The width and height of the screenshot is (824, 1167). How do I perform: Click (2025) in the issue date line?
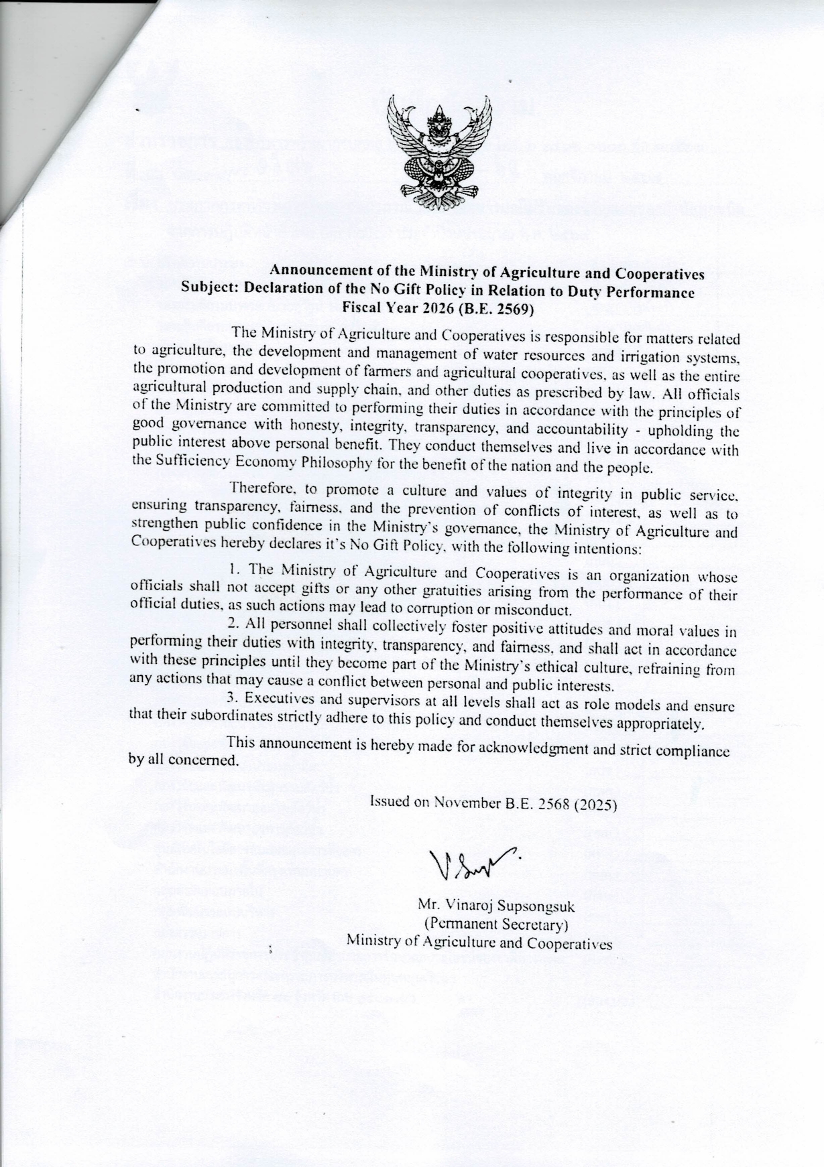pos(594,805)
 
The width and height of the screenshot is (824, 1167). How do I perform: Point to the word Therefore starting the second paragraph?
pos(257,488)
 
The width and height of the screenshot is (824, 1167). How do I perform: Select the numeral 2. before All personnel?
pos(233,622)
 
